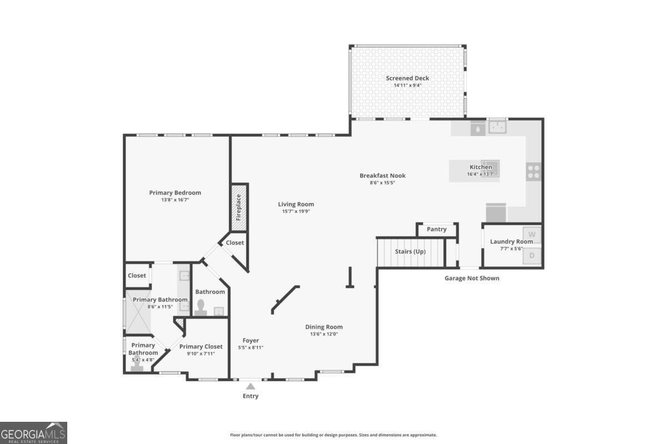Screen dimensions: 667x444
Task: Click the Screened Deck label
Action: point(407,78)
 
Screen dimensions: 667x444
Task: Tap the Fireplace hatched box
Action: point(239,208)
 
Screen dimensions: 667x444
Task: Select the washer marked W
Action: point(532,235)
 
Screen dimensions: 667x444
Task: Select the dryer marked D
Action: point(532,255)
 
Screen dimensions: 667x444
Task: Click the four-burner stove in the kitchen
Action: point(533,171)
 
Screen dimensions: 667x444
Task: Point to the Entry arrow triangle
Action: point(251,386)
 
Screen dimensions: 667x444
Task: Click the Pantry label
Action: point(436,229)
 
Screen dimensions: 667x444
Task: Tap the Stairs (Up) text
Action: point(410,251)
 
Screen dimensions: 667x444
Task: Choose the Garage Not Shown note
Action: point(472,279)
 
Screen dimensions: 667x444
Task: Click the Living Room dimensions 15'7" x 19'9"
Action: point(296,211)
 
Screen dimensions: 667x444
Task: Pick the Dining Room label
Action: point(324,327)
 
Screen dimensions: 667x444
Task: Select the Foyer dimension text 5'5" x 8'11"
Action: point(251,347)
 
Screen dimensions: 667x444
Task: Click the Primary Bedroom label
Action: point(175,193)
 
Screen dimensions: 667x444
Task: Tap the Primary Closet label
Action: point(201,346)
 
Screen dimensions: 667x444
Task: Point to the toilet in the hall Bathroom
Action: point(201,307)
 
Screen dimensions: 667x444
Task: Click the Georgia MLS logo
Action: point(33,433)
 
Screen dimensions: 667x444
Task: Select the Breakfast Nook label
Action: point(382,176)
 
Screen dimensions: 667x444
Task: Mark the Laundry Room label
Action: point(511,242)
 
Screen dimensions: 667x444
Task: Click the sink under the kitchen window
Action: point(497,127)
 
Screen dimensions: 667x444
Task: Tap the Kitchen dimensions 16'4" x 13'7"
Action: point(481,174)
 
